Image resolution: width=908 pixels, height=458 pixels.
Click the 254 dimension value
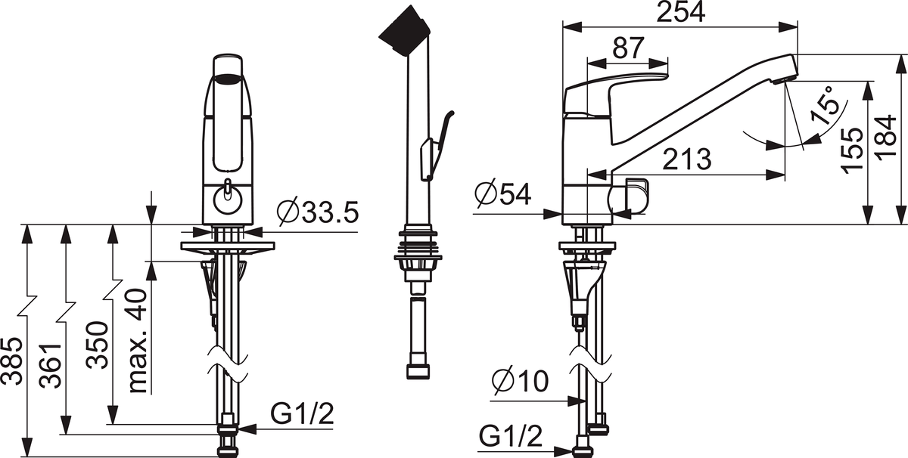(x=680, y=12)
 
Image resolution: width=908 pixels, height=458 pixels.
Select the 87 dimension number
(x=628, y=48)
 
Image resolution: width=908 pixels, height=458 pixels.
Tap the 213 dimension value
(x=687, y=159)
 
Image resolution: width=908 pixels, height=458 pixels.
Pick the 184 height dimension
(x=886, y=138)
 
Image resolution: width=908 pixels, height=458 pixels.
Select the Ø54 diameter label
(x=503, y=194)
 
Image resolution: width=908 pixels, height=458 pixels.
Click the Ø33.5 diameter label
(x=318, y=212)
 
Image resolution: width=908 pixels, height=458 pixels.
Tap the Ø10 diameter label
(x=521, y=381)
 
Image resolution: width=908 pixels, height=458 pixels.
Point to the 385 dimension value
(x=11, y=361)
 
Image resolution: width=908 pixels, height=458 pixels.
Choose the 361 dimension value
(x=51, y=365)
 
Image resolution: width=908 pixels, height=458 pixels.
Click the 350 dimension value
(x=98, y=345)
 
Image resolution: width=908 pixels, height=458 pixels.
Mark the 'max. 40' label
(x=137, y=340)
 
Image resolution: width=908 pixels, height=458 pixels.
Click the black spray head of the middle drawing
(x=404, y=31)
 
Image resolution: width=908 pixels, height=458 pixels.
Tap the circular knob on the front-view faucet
(x=229, y=200)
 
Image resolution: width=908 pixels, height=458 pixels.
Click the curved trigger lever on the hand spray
(x=438, y=144)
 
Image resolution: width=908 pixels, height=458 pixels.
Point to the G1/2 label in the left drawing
(x=302, y=414)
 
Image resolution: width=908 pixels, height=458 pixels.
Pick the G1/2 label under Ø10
(x=510, y=436)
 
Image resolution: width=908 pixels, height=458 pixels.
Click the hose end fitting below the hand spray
(x=418, y=372)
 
